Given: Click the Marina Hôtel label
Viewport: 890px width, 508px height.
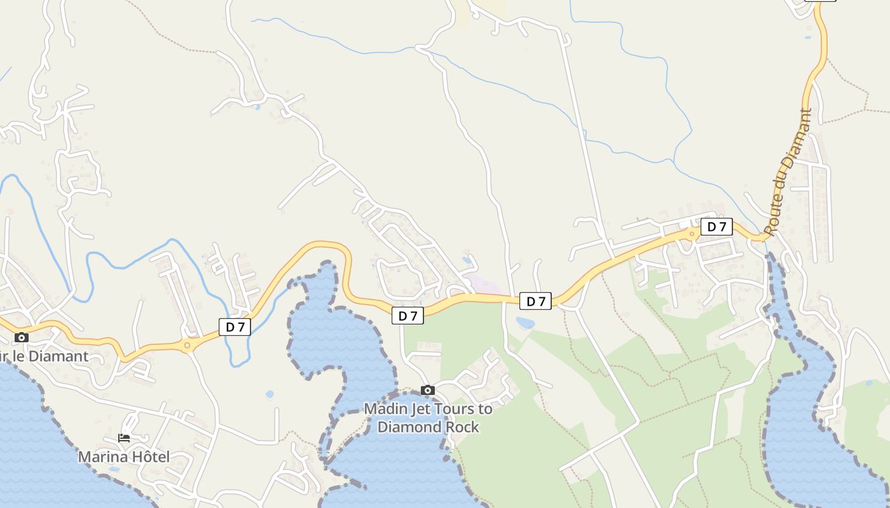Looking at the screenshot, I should (x=124, y=457).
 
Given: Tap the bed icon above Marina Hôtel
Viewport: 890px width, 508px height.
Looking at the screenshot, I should (x=124, y=438).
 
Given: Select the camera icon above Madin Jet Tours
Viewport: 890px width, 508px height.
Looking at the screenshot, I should (x=428, y=390).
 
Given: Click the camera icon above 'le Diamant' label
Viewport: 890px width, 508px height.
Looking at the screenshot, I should (x=22, y=337).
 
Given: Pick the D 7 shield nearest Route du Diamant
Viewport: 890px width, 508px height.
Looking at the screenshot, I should (x=716, y=227).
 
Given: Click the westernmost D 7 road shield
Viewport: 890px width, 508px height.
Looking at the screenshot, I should (x=235, y=327).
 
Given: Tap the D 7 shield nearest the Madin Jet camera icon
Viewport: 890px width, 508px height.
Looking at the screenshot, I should (x=407, y=316).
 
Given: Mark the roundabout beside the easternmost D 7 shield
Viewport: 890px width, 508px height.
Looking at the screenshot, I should (x=692, y=234).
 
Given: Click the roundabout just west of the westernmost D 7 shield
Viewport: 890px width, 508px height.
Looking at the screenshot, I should (x=187, y=345).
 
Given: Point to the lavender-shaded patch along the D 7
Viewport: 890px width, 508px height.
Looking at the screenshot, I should (x=486, y=285).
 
